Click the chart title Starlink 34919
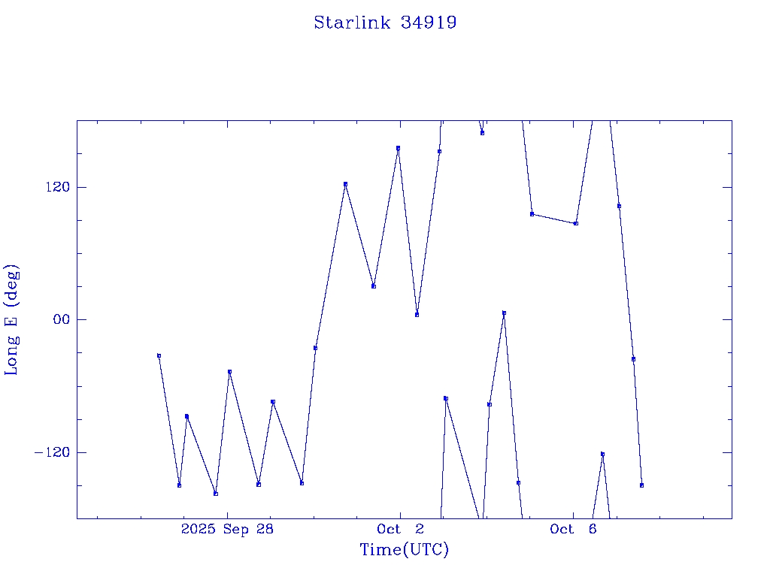(x=385, y=23)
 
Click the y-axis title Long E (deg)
(x=12, y=319)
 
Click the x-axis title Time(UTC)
(x=404, y=550)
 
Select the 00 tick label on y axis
(x=60, y=319)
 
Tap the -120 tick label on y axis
(x=53, y=452)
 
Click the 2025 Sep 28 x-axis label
(x=227, y=529)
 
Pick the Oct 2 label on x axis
(x=401, y=529)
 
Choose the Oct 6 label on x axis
(x=573, y=529)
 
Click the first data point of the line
(x=159, y=355)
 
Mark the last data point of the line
(x=641, y=485)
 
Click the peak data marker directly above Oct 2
(x=398, y=148)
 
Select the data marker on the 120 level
(x=345, y=184)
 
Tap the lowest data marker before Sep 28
(x=216, y=494)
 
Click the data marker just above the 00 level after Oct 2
(x=504, y=313)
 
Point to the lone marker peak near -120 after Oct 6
(x=602, y=454)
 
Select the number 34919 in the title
(x=429, y=23)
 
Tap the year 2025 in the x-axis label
(x=198, y=529)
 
